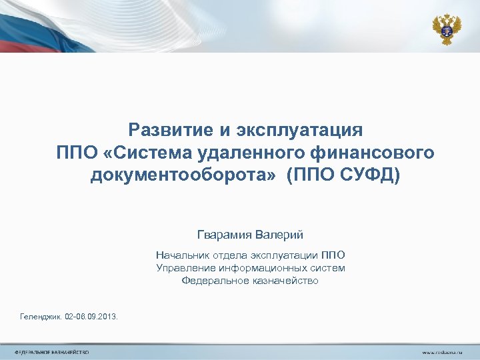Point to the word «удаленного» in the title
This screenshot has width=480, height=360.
coord(247,153)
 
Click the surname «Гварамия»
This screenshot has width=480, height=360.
coord(225,235)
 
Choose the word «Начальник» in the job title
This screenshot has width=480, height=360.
coord(181,255)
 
